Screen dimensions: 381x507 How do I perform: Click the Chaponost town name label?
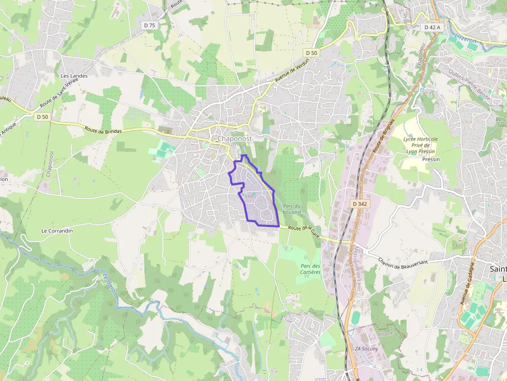(x=234, y=139)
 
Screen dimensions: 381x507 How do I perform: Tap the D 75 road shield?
(x=150, y=25)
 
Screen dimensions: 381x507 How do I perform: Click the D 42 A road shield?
(x=432, y=27)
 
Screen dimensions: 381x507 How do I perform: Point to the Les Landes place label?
(x=74, y=76)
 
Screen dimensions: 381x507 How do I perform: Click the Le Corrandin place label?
(x=57, y=231)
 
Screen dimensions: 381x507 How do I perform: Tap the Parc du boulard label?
(x=292, y=209)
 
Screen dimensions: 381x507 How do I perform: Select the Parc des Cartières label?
(x=310, y=269)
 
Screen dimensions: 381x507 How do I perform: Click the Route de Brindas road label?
(x=103, y=131)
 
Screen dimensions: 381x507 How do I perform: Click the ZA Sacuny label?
(x=366, y=348)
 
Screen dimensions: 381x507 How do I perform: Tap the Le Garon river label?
(x=110, y=285)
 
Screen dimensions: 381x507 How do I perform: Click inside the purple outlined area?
(x=256, y=196)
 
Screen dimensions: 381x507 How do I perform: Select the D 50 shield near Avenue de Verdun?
(x=311, y=53)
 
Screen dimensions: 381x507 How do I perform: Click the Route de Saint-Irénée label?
(x=61, y=93)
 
